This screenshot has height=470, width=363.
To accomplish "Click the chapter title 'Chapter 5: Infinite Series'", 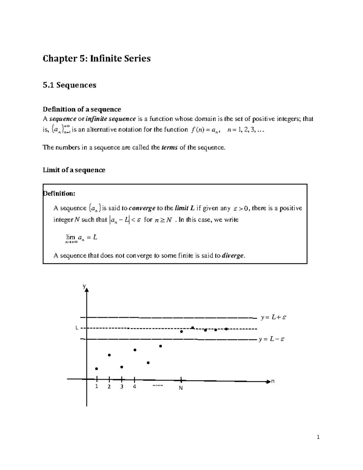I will (96, 58).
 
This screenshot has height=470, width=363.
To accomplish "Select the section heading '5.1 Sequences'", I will (70, 85).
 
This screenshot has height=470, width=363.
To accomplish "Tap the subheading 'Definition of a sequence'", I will (82, 109).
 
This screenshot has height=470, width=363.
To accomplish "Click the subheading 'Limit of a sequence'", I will (74, 170).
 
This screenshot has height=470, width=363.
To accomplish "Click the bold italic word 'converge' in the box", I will (142, 208).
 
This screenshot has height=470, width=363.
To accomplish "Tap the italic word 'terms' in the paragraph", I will (170, 148).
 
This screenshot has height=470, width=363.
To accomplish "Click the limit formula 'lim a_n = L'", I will (81, 238).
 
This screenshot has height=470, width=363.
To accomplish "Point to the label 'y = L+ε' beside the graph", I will (273, 317).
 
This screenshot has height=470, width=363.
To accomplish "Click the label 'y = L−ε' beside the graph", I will (271, 339).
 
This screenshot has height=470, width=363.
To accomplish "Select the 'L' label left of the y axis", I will (77, 328).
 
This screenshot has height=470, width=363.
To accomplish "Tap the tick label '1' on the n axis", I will (96, 387).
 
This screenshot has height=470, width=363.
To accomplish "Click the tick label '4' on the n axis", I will (134, 387).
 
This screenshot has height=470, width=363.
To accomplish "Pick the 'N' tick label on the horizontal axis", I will (181, 388).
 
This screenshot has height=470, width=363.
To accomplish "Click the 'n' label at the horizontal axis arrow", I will (273, 381).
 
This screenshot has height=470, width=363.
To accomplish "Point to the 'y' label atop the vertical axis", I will (84, 286).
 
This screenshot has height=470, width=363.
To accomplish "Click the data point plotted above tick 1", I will (96, 369).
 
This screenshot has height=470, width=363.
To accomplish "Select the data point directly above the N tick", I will (181, 331).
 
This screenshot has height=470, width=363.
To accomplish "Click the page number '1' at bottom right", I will (318, 437).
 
